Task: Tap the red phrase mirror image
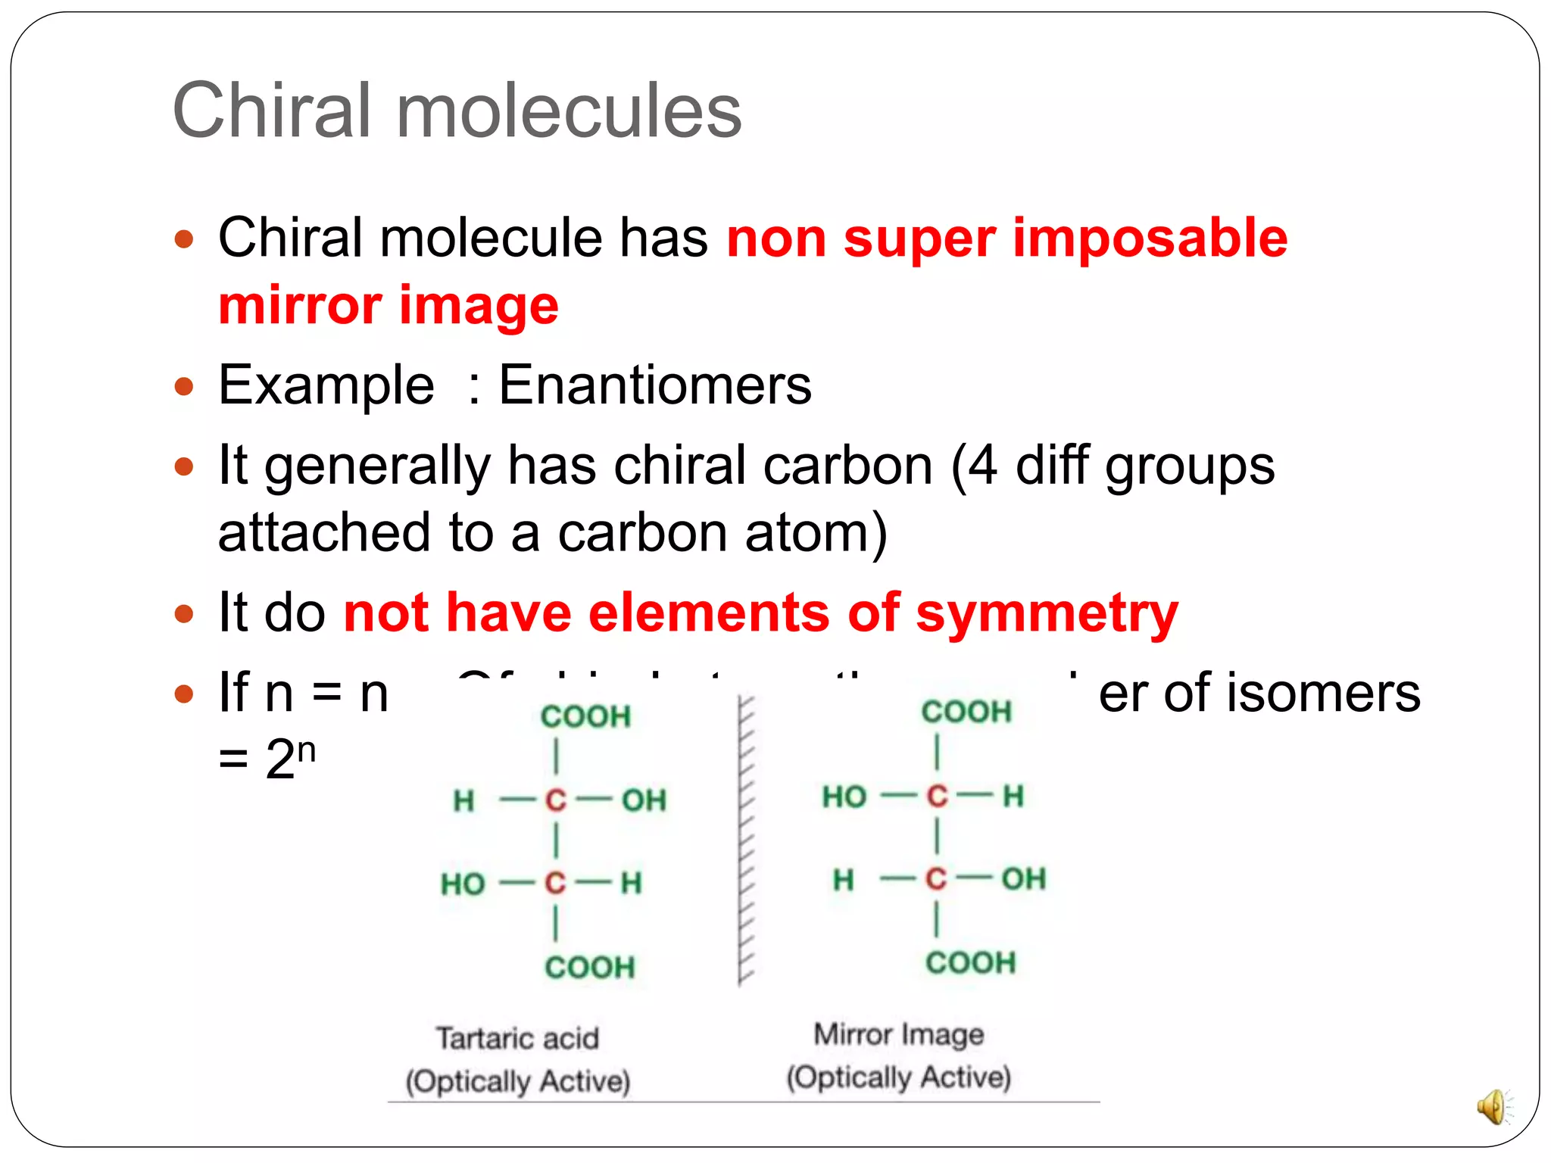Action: coord(389,306)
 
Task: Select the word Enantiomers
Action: coord(654,385)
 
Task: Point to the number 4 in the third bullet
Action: coord(982,465)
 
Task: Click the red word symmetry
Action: coord(1047,613)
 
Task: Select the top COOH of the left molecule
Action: coord(585,716)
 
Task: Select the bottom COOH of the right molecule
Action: coord(970,963)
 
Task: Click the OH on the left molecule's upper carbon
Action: coord(644,800)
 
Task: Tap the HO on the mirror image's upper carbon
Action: coord(844,797)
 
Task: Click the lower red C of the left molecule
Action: coord(555,883)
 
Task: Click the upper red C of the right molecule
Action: coord(937,797)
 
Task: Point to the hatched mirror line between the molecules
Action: coord(744,840)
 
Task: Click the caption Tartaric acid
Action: coord(517,1038)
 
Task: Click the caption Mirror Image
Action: coord(898,1034)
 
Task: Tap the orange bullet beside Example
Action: coord(184,388)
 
